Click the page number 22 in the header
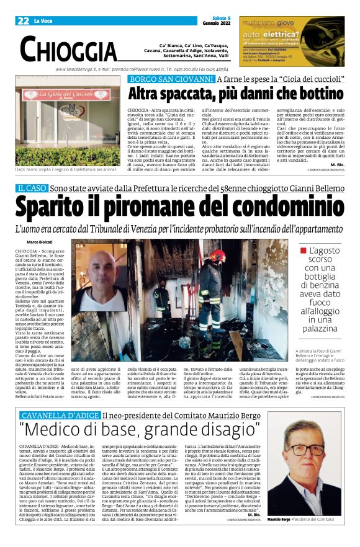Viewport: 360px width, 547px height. pyautogui.click(x=24, y=21)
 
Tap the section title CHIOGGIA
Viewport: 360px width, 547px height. pyautogui.click(x=68, y=49)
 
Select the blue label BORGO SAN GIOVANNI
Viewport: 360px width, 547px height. pyautogui.click(x=161, y=79)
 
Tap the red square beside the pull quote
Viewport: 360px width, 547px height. pyautogui.click(x=304, y=251)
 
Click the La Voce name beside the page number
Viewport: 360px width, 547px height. pyautogui.click(x=43, y=21)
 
